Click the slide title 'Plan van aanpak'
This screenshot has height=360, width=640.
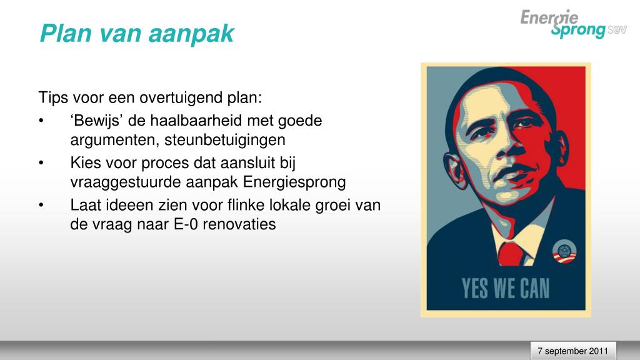coord(137,34)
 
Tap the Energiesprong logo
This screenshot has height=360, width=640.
coord(573,24)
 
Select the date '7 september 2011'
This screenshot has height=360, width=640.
coord(572,351)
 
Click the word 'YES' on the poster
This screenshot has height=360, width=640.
coord(475,288)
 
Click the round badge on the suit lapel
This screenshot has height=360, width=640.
coord(564,251)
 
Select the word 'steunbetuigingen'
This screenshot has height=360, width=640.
coord(225,140)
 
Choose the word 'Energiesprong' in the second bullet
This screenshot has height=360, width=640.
coord(294,182)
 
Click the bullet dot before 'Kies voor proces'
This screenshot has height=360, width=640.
coord(41,163)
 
